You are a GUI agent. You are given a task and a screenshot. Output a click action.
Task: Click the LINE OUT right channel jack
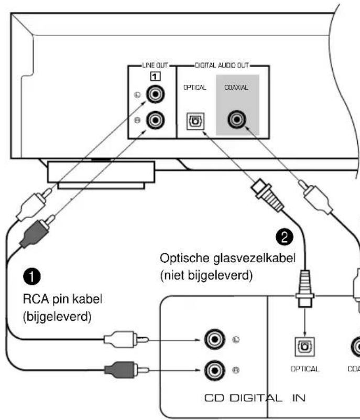point(155,122)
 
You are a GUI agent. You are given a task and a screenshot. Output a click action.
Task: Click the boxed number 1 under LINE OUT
point(155,77)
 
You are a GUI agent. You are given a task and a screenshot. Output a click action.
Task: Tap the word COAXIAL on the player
point(237,88)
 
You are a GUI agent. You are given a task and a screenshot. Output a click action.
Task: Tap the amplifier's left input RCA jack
point(213,341)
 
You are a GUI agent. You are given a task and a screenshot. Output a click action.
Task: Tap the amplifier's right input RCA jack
point(213,370)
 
